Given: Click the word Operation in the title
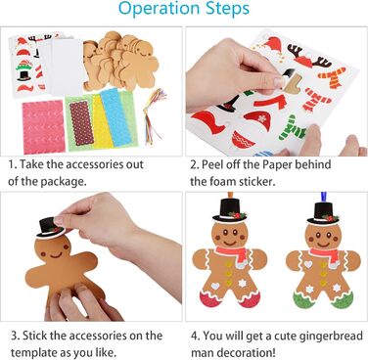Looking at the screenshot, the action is [160, 9].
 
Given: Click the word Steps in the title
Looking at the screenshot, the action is [228, 8].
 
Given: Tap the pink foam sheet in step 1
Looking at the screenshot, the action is [43, 127].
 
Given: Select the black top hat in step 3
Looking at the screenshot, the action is [50, 227].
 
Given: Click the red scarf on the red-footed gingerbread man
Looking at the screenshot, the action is [233, 254].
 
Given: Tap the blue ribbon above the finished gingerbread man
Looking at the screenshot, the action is [324, 198].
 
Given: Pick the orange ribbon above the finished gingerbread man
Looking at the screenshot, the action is [230, 196].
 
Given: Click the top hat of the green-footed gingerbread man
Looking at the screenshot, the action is [323, 213].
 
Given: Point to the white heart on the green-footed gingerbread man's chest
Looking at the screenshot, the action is [308, 264].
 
